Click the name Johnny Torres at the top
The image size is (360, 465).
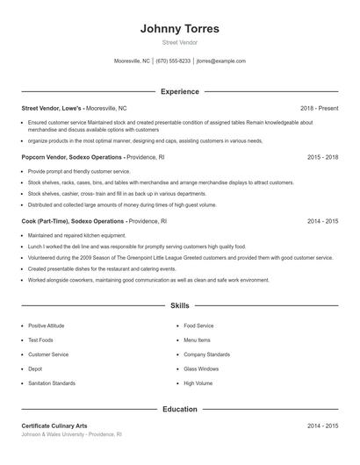click(x=180, y=28)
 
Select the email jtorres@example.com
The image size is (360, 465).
click(x=220, y=61)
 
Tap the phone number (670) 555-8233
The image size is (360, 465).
click(x=172, y=61)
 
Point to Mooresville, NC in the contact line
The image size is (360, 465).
click(x=132, y=61)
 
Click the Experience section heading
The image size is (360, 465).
click(x=180, y=91)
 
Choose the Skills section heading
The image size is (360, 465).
click(x=180, y=305)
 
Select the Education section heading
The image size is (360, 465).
click(x=180, y=409)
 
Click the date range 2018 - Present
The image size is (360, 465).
click(x=319, y=108)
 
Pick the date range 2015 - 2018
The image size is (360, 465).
click(x=322, y=157)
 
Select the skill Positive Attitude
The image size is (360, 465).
click(x=46, y=325)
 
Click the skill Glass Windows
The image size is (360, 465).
click(x=201, y=368)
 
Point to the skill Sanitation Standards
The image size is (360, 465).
click(x=52, y=383)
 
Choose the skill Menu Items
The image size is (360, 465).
click(x=197, y=340)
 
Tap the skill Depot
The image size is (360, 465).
click(x=35, y=368)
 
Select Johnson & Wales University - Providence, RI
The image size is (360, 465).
click(x=71, y=434)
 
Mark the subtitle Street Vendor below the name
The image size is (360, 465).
click(x=180, y=42)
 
